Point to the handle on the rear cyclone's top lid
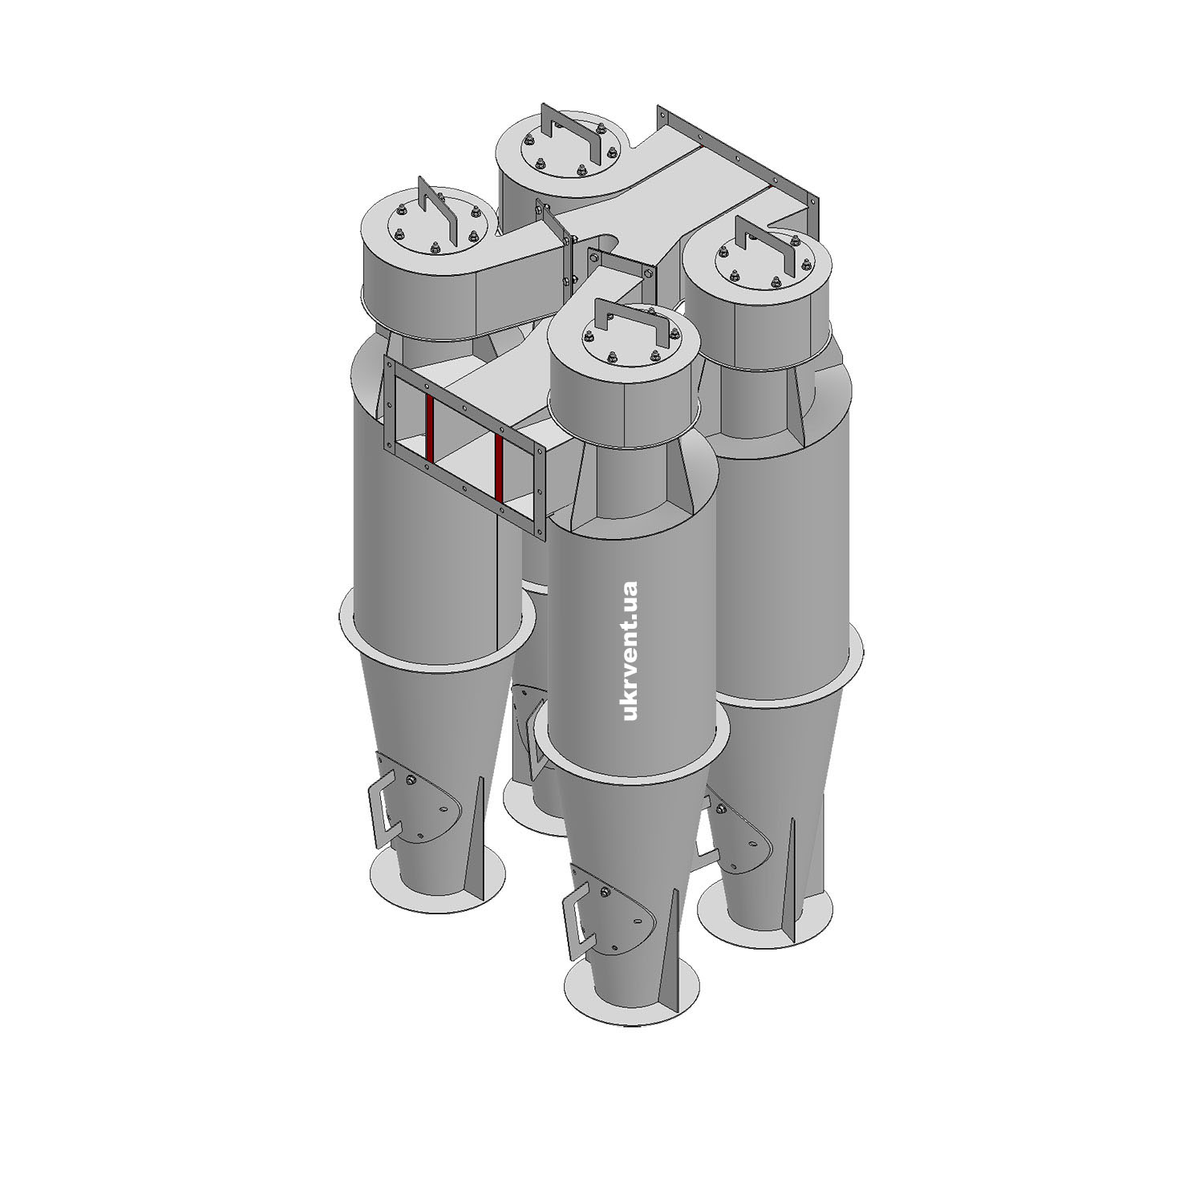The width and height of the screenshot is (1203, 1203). tap(570, 136)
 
